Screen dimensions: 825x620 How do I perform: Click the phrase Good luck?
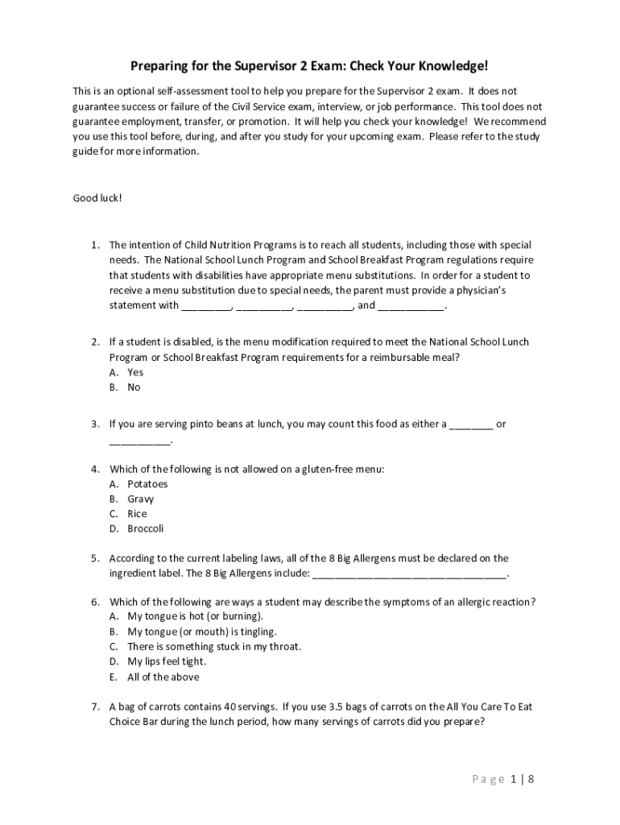tap(97, 197)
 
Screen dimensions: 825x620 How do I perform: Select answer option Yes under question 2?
tap(135, 372)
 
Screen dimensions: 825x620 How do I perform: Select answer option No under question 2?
tap(134, 388)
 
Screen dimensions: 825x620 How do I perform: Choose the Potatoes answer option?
tap(147, 484)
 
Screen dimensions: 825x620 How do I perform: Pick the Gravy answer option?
tap(141, 499)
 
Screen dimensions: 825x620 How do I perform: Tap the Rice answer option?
tap(137, 514)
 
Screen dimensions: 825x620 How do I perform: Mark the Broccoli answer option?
tap(146, 529)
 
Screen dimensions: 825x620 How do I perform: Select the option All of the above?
tap(163, 677)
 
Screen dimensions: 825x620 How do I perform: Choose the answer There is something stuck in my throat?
tap(214, 647)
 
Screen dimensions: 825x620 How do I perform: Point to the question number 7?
tap(95, 707)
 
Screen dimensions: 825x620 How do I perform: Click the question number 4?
tap(95, 469)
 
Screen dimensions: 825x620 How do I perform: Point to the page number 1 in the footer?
tap(512, 779)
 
